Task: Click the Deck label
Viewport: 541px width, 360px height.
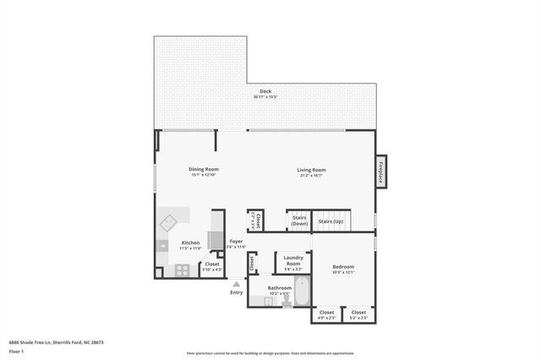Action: click(265, 91)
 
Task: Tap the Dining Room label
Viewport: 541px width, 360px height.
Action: click(203, 169)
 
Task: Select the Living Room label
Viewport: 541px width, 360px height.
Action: click(311, 170)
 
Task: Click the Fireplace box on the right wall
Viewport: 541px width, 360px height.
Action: click(381, 172)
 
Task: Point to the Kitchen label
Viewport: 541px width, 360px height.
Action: click(190, 243)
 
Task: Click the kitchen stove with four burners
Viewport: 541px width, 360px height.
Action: click(182, 270)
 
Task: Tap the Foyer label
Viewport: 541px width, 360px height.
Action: click(236, 242)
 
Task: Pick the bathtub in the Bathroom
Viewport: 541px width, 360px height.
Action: click(302, 290)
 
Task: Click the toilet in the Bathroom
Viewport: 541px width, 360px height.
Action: click(285, 300)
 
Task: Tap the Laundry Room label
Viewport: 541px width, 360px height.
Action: click(293, 260)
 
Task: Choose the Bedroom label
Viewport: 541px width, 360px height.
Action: click(343, 266)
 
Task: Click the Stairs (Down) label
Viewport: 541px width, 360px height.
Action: click(299, 220)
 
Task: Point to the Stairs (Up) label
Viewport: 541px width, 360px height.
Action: click(331, 221)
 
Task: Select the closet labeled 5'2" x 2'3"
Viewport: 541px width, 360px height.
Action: click(358, 314)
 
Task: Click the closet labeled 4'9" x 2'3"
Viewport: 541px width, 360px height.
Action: click(326, 314)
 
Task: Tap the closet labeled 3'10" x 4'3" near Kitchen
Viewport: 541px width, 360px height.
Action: click(212, 266)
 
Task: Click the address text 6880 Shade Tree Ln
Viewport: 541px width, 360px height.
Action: click(42, 342)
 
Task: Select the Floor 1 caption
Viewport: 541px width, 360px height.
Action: click(16, 351)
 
